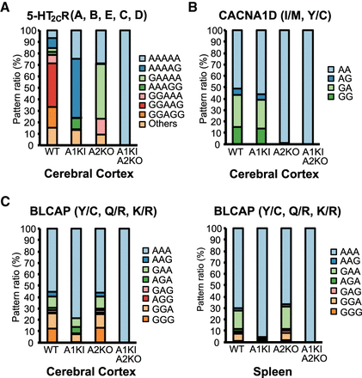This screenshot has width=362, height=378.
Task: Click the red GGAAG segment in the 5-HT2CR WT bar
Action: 52,85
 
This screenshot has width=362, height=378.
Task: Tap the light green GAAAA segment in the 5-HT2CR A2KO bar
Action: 101,92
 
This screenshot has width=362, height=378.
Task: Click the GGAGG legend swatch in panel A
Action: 143,114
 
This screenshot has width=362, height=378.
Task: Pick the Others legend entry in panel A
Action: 158,124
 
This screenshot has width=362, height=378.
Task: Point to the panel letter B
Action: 193,7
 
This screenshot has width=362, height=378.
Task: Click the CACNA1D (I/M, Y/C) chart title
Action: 275,15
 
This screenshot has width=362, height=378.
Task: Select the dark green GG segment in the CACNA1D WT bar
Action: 236,136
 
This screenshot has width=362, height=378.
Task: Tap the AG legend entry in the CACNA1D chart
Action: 340,78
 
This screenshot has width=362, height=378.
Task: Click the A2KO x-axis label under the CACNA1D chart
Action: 286,152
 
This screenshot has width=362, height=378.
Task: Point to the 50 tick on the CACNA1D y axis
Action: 216,88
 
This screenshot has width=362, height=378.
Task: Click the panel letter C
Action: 5,202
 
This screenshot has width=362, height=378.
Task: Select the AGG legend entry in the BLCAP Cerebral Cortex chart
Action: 158,300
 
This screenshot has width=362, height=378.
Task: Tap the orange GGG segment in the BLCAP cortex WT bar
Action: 52,335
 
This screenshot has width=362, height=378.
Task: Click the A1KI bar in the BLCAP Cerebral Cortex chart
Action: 76,285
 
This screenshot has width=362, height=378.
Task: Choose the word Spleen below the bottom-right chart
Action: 273,372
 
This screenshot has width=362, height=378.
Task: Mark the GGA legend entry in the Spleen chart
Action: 347,302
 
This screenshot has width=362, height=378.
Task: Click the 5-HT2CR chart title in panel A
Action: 87,16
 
